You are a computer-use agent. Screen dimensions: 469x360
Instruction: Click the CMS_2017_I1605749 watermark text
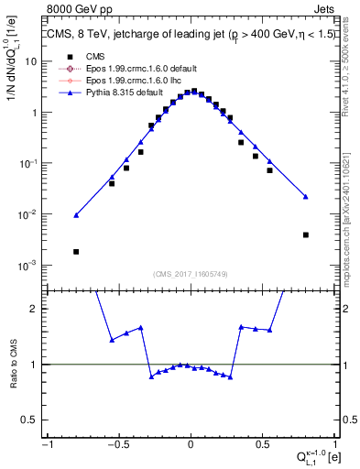[x=191, y=274]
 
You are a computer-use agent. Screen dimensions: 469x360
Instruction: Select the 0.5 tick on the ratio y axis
[x=34, y=420]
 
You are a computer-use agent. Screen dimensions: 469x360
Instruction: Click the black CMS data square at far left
[x=76, y=251]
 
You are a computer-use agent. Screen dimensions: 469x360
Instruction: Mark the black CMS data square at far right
[x=305, y=234]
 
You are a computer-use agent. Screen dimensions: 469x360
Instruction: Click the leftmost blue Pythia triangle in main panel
[x=76, y=215]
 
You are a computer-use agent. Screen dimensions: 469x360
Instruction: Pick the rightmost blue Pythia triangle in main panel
[x=305, y=196]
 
